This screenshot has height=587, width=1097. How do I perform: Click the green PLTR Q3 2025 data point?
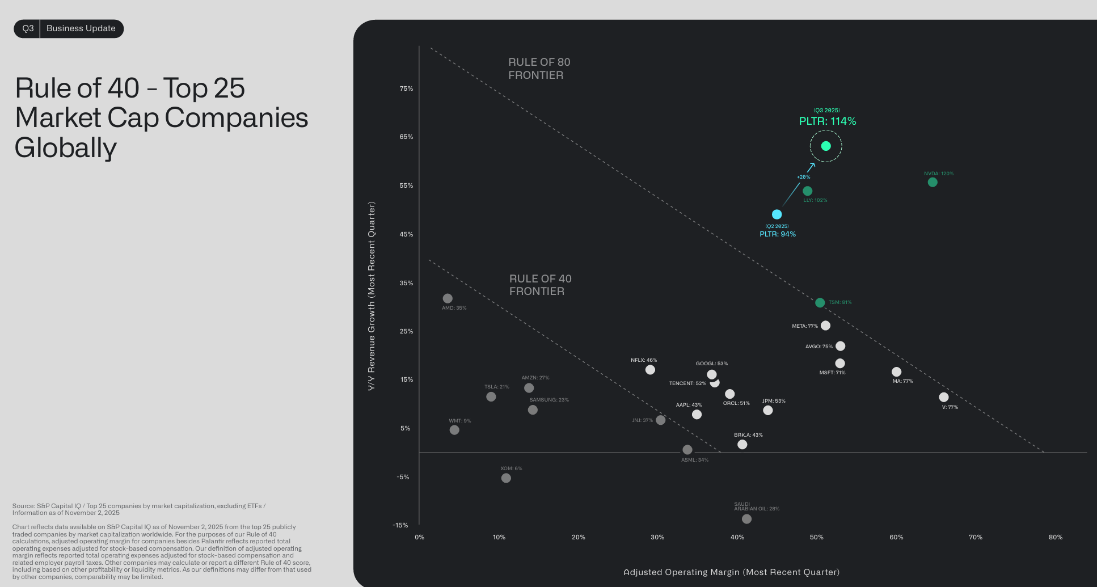826,146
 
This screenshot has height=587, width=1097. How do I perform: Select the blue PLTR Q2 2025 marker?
777,214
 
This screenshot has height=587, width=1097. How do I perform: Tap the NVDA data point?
933,182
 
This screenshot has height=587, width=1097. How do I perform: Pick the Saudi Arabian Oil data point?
746,519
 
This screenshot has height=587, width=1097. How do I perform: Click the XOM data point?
506,478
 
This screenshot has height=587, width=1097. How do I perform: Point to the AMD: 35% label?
454,308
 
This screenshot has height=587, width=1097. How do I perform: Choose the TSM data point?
820,303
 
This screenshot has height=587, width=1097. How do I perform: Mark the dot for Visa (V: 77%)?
943,397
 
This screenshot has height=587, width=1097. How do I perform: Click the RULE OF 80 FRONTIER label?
539,69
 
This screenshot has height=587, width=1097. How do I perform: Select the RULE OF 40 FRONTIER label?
540,285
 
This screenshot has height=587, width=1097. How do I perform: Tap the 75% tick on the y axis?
406,88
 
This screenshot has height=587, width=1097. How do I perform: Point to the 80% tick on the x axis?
1055,537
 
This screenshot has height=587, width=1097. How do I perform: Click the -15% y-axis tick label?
400,525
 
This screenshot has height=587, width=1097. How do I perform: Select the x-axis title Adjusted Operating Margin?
731,572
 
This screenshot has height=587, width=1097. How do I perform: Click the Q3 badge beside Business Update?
28,28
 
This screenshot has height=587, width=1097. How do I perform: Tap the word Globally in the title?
66,147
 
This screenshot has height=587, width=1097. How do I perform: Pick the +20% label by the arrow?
803,177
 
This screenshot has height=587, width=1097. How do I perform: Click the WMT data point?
454,430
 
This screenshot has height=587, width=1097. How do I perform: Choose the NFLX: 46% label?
644,360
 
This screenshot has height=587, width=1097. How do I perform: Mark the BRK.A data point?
742,445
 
